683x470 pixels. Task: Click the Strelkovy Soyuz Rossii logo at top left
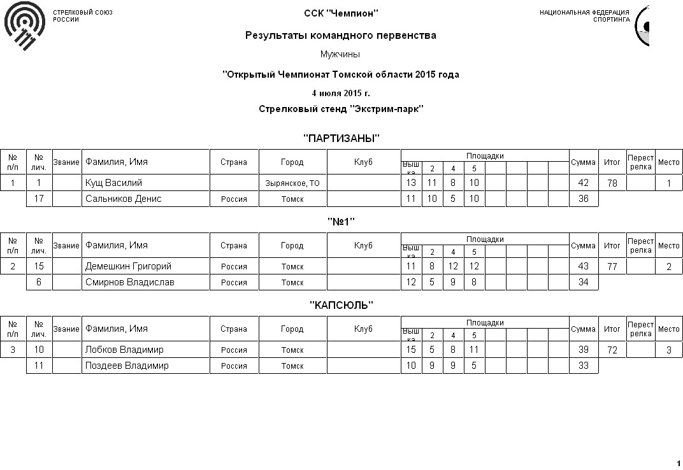point(25,25)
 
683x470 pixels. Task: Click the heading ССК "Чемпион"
point(341,13)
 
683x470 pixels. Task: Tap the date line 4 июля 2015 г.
point(341,93)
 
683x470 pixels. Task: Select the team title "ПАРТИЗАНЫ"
point(341,138)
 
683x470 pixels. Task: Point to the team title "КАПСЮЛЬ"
point(341,305)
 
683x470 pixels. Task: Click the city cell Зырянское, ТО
point(292,183)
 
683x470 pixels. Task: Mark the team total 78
point(612,183)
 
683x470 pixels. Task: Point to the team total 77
point(612,267)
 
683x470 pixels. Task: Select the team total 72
point(612,350)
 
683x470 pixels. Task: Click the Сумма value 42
point(583,183)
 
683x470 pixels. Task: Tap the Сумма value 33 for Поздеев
point(583,366)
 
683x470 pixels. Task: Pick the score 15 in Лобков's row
point(411,350)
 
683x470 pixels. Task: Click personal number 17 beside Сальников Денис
point(39,199)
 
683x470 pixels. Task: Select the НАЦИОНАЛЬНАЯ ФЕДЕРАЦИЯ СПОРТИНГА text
point(584,16)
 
